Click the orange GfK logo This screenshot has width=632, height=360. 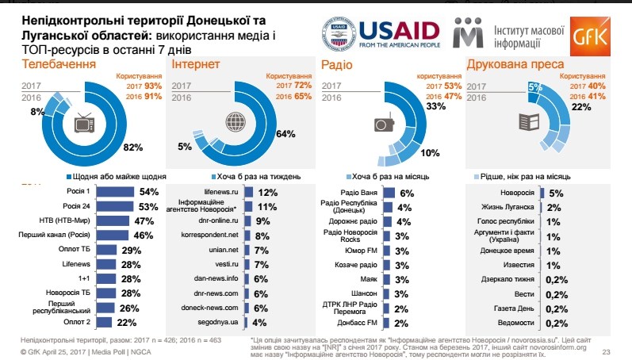(599, 34)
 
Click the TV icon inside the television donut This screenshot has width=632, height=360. (86, 124)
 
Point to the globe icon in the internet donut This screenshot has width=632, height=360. (236, 123)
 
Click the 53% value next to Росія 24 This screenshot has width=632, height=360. (149, 206)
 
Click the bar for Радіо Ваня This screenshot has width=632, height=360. (389, 192)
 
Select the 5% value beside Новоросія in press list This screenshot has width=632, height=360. (555, 192)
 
